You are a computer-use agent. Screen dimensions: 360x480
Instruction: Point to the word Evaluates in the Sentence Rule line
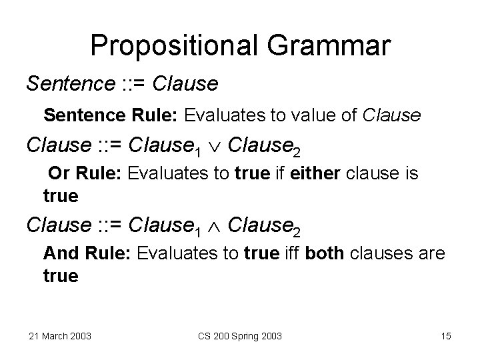click(x=224, y=116)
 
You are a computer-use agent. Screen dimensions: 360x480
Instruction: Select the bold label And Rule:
click(x=87, y=253)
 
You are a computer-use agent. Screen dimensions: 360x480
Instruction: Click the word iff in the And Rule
click(x=292, y=253)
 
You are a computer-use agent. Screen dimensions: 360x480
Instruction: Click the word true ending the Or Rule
click(x=61, y=197)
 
